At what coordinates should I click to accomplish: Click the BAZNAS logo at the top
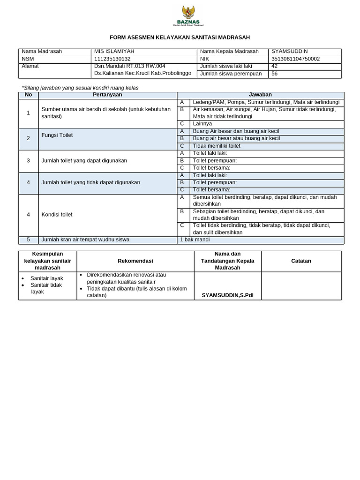[x=186, y=16]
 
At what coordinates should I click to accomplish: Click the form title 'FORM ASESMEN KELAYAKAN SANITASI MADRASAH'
[x=180, y=37]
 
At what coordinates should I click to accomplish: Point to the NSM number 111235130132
[x=112, y=59]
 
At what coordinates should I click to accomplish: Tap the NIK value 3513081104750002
[x=295, y=59]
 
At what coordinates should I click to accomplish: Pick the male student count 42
[x=275, y=66]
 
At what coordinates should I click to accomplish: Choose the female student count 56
[x=275, y=74]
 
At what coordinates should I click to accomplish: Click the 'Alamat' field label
[x=30, y=66]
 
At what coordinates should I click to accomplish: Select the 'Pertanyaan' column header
[x=107, y=95]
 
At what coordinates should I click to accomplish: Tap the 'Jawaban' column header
[x=260, y=95]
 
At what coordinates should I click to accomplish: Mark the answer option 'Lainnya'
[x=202, y=124]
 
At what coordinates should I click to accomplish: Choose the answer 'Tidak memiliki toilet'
[x=217, y=146]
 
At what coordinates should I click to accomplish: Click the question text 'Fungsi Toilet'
[x=57, y=135]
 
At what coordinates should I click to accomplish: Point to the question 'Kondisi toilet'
[x=57, y=215]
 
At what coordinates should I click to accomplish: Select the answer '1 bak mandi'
[x=195, y=240]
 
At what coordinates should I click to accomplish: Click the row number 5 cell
[x=28, y=240]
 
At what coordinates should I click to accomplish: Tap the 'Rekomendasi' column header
[x=135, y=261]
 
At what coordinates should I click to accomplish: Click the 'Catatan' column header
[x=301, y=261]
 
